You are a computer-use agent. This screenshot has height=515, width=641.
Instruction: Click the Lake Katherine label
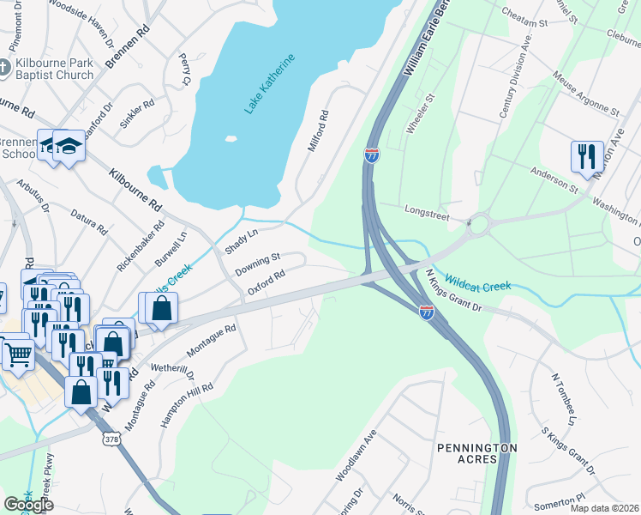pos(269,83)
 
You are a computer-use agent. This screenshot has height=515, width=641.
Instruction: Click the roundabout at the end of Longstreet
pos(477,226)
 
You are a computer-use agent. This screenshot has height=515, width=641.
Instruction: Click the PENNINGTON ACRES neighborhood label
pos(477,453)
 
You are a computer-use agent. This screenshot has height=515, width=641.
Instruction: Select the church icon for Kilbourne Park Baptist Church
pos(3,68)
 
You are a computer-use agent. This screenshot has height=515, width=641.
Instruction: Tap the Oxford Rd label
pos(266,282)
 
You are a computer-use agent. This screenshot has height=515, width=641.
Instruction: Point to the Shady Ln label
pos(241,240)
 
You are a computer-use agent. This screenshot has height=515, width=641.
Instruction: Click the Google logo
pos(29,505)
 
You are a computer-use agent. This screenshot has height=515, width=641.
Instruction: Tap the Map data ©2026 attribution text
pos(604,508)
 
